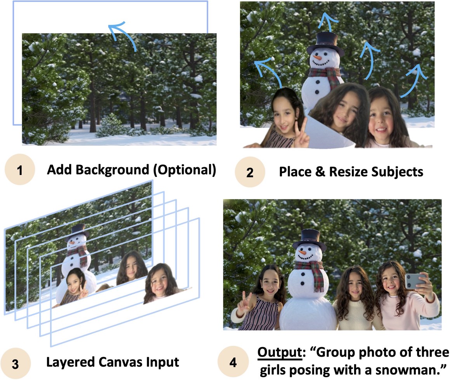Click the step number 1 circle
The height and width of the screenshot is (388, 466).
20,170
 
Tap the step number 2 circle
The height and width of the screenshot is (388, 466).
250,172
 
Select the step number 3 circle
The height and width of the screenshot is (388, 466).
16,363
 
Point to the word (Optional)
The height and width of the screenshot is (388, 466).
184,170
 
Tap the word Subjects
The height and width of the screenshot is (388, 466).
397,172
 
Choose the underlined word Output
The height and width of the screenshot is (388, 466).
280,353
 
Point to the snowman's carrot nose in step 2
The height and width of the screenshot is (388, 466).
317,58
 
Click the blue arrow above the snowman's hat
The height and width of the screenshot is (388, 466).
328,22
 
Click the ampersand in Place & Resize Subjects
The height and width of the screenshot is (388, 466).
320,172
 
